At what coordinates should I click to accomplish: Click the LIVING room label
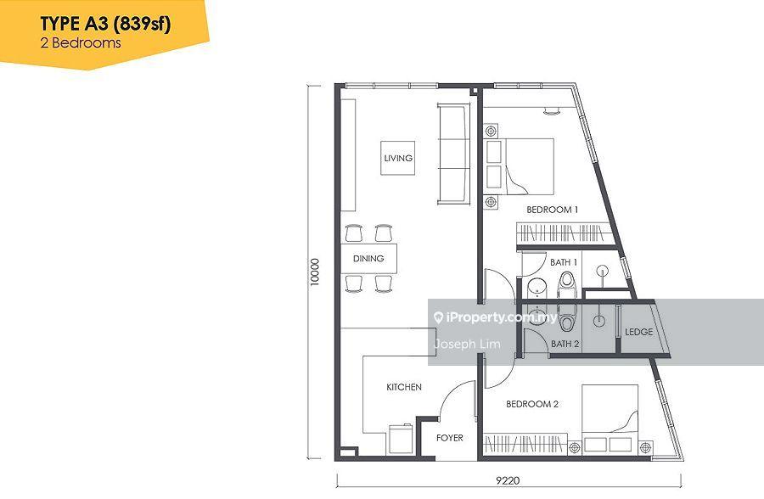click(x=398, y=158)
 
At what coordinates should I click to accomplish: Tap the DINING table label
click(x=368, y=258)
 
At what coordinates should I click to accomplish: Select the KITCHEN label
click(x=404, y=387)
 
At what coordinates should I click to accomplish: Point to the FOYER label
click(x=449, y=438)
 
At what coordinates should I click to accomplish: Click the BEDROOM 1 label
click(x=552, y=210)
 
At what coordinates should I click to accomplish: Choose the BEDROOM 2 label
click(x=532, y=404)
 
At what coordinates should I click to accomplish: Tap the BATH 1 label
click(x=564, y=262)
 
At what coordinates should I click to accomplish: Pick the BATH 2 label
click(x=565, y=344)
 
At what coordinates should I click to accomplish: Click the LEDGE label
click(x=638, y=332)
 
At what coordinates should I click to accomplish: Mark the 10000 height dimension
click(x=315, y=272)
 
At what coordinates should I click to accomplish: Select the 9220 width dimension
click(x=508, y=480)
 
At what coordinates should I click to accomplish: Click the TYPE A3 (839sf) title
click(x=105, y=24)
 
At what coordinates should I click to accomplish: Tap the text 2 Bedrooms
click(x=81, y=43)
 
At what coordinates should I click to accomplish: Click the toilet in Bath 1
click(x=567, y=284)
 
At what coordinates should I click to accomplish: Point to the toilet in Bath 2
click(x=567, y=317)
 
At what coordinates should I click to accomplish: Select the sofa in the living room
click(x=453, y=154)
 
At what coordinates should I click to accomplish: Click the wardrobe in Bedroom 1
click(x=564, y=233)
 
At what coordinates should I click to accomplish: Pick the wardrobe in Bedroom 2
click(x=525, y=444)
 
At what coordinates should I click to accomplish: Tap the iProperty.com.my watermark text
click(x=495, y=317)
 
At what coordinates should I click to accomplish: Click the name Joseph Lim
click(x=467, y=344)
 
